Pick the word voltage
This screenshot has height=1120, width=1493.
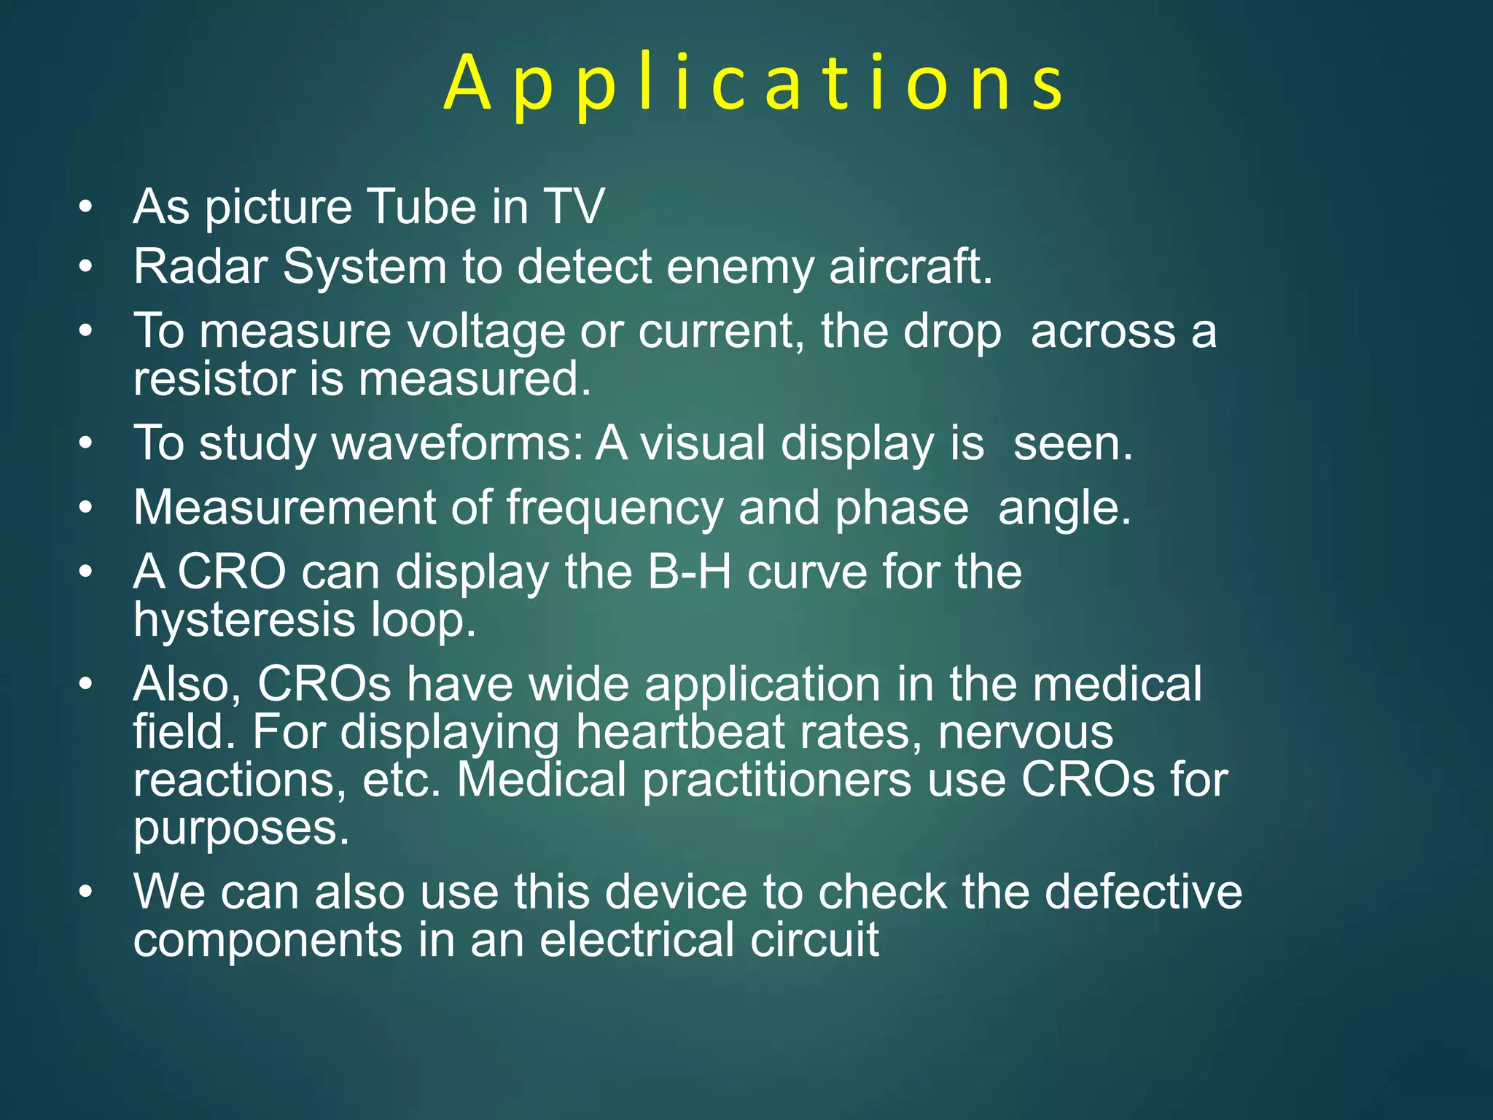[x=486, y=332]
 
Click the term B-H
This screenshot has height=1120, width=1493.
[x=689, y=572]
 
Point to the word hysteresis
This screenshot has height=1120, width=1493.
[x=244, y=621]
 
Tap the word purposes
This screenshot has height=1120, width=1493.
[x=241, y=830]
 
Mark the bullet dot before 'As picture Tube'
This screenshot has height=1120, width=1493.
[x=86, y=208]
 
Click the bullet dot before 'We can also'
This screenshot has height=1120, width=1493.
[x=86, y=892]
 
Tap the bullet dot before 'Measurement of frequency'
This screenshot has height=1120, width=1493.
[x=86, y=508]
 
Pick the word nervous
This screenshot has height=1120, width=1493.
[x=1026, y=732]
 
